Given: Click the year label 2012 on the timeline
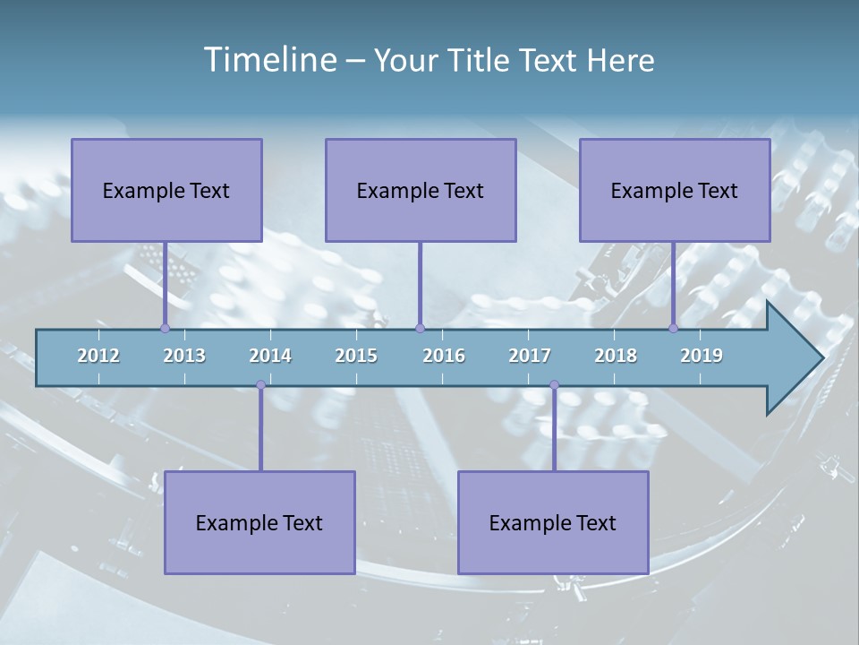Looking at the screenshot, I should click(x=98, y=356).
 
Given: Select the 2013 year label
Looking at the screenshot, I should click(x=184, y=356).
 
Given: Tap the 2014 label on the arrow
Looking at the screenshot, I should click(x=270, y=356).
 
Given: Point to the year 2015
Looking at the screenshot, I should click(x=356, y=356).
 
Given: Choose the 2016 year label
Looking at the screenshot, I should click(x=444, y=356).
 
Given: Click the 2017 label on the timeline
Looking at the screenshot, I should click(x=530, y=356).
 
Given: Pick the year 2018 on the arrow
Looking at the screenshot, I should click(x=616, y=356).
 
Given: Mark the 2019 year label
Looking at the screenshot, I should click(x=702, y=356).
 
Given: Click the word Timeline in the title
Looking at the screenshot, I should click(x=268, y=60).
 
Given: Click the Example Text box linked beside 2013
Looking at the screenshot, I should click(x=166, y=190).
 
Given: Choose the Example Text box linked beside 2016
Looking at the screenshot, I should click(x=421, y=190).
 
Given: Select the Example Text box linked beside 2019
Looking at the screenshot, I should click(x=675, y=190).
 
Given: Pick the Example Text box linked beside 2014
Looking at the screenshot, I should click(x=259, y=522).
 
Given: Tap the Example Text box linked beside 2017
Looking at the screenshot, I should click(x=553, y=522).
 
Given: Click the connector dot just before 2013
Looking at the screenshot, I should click(x=165, y=328).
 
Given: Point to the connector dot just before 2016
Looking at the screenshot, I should click(x=420, y=328).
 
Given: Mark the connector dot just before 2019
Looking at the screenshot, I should click(x=674, y=328).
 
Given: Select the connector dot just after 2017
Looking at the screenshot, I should click(x=554, y=385).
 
